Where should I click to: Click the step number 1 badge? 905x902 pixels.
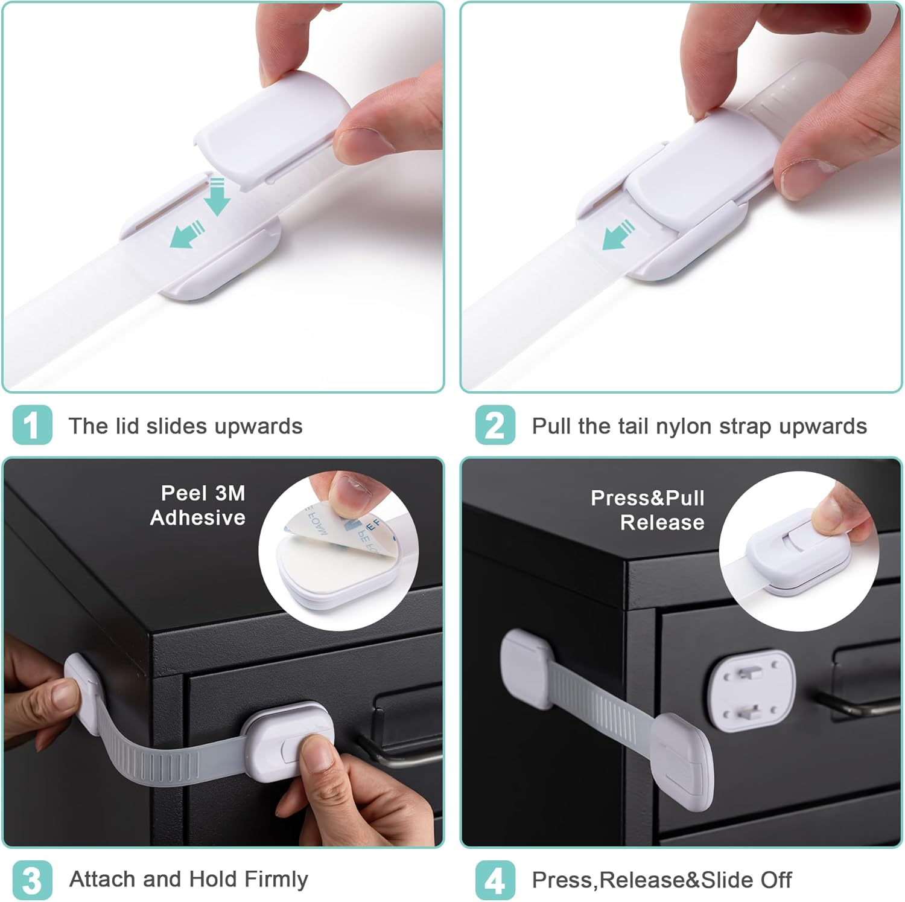[x=32, y=426]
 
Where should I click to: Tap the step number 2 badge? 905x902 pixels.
[x=495, y=426]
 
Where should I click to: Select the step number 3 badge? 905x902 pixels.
[x=32, y=880]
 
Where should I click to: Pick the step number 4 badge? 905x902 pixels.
[x=495, y=880]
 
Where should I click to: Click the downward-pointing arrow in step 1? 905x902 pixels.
[x=217, y=196]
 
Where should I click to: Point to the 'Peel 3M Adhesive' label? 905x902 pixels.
[x=198, y=505]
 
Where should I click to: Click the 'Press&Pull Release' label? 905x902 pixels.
[x=649, y=510]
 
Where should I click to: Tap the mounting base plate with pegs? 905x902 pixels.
[x=751, y=690]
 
